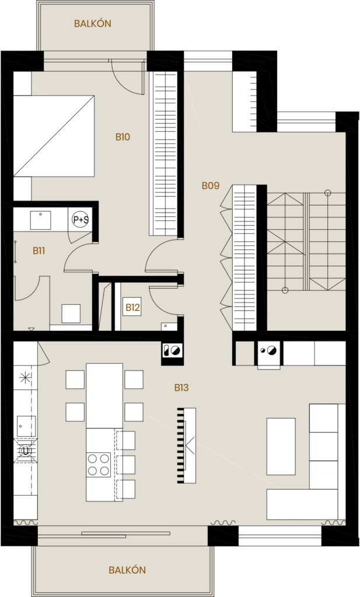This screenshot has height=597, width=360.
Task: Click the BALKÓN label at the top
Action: pyautogui.click(x=92, y=24)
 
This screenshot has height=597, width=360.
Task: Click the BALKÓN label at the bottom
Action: pyautogui.click(x=127, y=570)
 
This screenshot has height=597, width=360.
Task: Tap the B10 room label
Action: pyautogui.click(x=123, y=137)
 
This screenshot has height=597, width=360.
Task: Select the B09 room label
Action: pyautogui.click(x=210, y=185)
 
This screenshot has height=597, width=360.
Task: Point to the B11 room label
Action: pyautogui.click(x=39, y=251)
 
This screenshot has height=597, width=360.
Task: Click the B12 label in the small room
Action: pyautogui.click(x=132, y=307)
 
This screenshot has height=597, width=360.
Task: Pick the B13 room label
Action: pyautogui.click(x=181, y=387)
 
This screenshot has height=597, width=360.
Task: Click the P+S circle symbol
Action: pyautogui.click(x=81, y=220)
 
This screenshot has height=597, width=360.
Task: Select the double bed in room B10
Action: pyautogui.click(x=54, y=136)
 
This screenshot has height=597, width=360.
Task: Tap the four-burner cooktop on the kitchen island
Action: pyautogui.click(x=99, y=465)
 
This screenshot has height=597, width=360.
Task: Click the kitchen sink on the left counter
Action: pyautogui.click(x=26, y=426)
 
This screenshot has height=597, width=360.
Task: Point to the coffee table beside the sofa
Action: pyautogui.click(x=281, y=446)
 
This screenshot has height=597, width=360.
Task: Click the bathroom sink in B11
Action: pyautogui.click(x=40, y=220)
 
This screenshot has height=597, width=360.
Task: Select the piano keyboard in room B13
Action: pyautogui.click(x=187, y=445)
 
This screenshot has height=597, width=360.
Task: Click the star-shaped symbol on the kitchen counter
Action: pyautogui.click(x=25, y=377)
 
